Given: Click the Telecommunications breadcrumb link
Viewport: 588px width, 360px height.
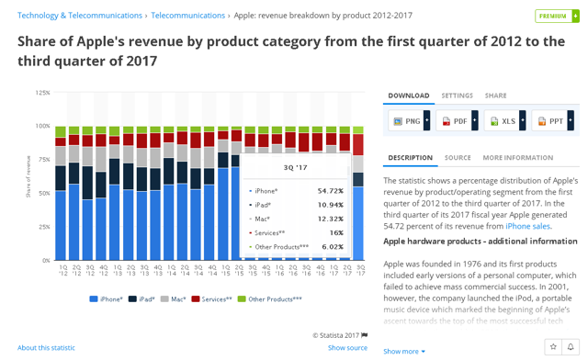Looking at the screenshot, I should (187, 16).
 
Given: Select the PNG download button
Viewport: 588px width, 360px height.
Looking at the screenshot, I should (407, 121).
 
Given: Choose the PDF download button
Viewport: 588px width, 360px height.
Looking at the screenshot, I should (454, 121).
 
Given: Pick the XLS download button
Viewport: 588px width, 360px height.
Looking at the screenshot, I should (502, 121).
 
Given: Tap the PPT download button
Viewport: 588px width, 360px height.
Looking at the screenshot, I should (550, 121).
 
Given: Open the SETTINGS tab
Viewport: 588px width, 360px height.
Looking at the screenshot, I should (457, 96).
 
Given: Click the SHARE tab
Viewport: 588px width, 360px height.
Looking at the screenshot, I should (495, 96).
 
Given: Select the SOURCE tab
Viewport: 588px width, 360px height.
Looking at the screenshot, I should (458, 158).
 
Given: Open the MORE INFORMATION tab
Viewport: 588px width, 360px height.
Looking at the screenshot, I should (517, 158).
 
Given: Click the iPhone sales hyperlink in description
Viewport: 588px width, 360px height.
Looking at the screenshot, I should (527, 226).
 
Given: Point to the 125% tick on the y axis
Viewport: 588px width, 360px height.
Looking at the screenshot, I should (42, 93).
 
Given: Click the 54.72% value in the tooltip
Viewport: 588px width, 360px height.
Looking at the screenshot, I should (329, 191).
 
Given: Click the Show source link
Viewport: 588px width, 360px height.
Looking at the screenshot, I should (347, 348).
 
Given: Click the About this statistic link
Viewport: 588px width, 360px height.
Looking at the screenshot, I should (46, 348).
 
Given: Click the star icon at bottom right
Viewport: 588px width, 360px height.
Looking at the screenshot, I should (555, 347).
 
